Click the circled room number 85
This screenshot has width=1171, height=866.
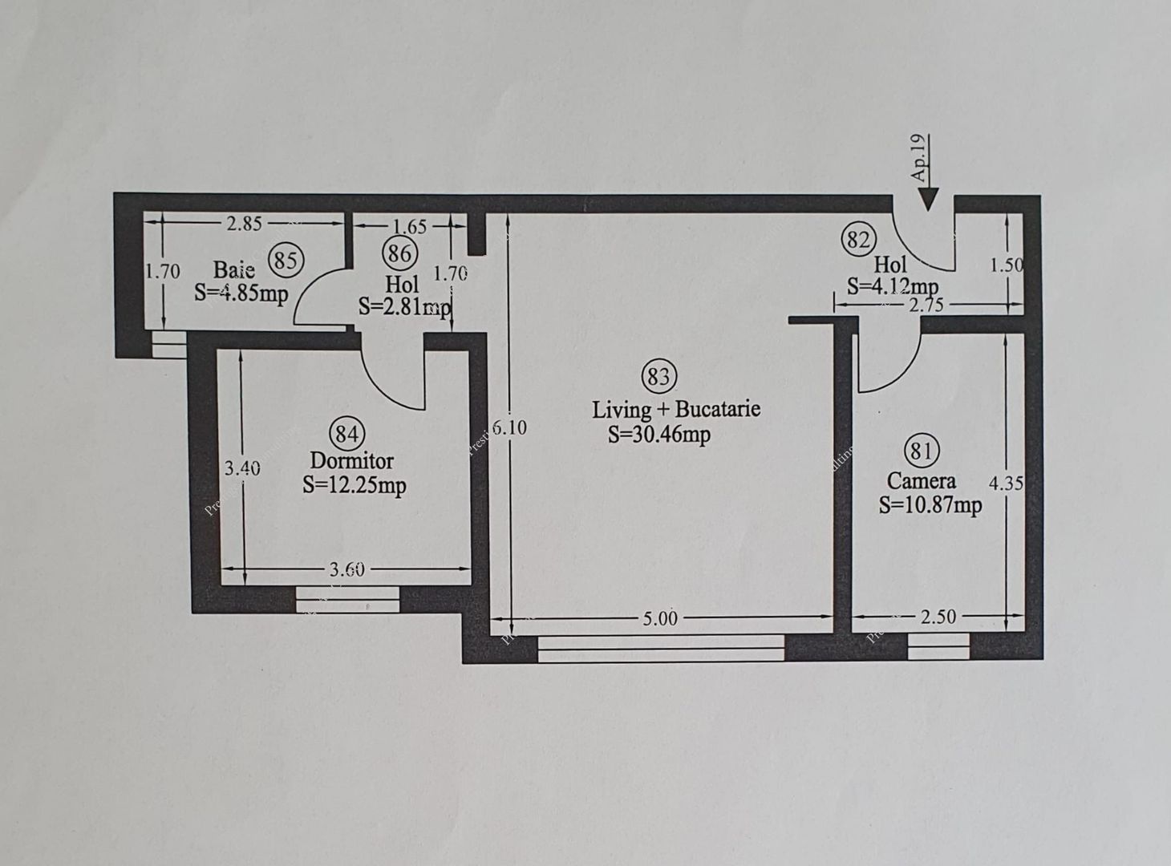click(x=286, y=260)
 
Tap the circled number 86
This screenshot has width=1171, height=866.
click(x=399, y=254)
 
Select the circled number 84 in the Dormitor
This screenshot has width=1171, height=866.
click(x=346, y=434)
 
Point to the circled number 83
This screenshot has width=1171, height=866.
click(x=658, y=376)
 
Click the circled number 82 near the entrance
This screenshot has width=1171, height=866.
click(x=857, y=239)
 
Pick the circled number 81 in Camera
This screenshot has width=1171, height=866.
click(x=921, y=451)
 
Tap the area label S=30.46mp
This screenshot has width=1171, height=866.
click(x=658, y=435)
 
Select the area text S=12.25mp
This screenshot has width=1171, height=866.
click(x=354, y=485)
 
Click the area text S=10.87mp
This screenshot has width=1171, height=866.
click(x=930, y=505)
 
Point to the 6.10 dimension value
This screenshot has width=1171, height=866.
click(x=509, y=428)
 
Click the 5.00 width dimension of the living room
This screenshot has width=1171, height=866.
click(x=659, y=618)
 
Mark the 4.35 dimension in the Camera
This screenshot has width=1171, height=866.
click(x=1005, y=484)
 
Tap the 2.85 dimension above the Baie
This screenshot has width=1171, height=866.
click(x=244, y=224)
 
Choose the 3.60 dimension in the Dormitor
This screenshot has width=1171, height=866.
click(x=346, y=569)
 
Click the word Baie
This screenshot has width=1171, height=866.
click(x=233, y=269)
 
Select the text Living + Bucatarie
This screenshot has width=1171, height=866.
click(x=675, y=409)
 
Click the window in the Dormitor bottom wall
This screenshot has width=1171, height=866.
click(x=347, y=599)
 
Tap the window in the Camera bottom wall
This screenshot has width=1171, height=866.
click(x=938, y=645)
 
